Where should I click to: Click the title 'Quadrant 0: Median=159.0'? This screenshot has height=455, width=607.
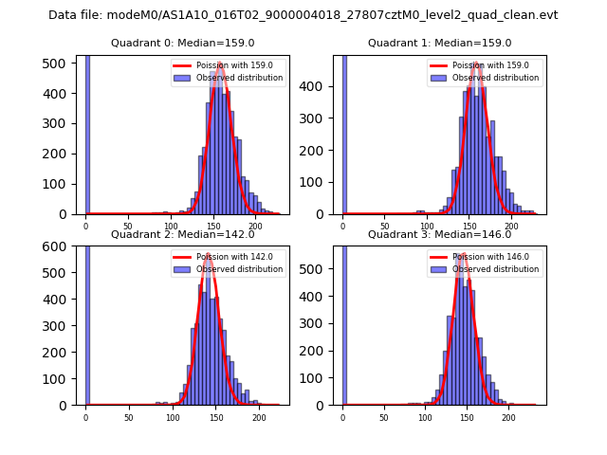(x=182, y=43)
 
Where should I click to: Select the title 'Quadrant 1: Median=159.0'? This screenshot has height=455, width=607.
(x=439, y=43)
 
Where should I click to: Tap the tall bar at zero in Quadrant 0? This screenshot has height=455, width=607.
(x=87, y=133)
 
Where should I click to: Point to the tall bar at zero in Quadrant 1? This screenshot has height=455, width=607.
(x=344, y=133)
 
